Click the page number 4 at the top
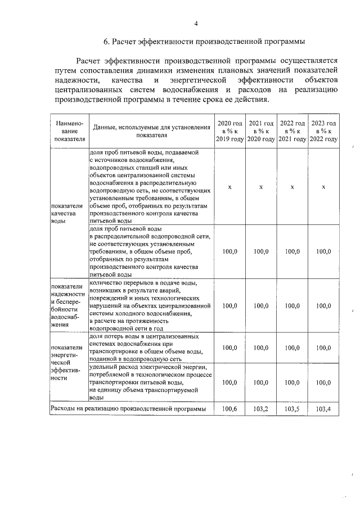[x=196, y=23]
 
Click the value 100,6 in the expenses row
[x=229, y=409]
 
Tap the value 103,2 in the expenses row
[x=261, y=409]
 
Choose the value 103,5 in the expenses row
[x=292, y=409]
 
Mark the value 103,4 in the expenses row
[x=324, y=409]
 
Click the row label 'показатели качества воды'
[x=66, y=214]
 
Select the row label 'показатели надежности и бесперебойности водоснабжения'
[x=68, y=305]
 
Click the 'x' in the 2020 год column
[x=229, y=187]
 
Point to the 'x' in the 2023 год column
[x=324, y=187]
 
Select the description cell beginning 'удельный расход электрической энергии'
[x=151, y=382]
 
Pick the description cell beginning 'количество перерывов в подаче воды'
[x=151, y=305]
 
